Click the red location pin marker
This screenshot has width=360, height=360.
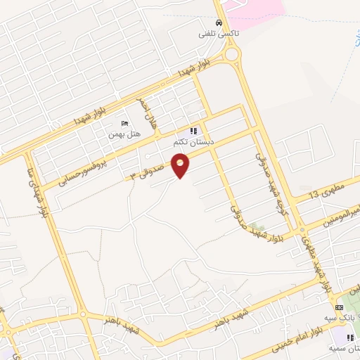tap(181, 165)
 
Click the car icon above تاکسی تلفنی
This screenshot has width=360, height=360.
tap(220, 22)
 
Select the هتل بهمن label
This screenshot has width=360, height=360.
tap(124, 133)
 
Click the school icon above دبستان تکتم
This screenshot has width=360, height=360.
tap(194, 131)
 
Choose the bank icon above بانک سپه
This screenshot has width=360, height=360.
tap(340, 308)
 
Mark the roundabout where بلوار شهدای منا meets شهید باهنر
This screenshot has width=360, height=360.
tap(83, 314)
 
